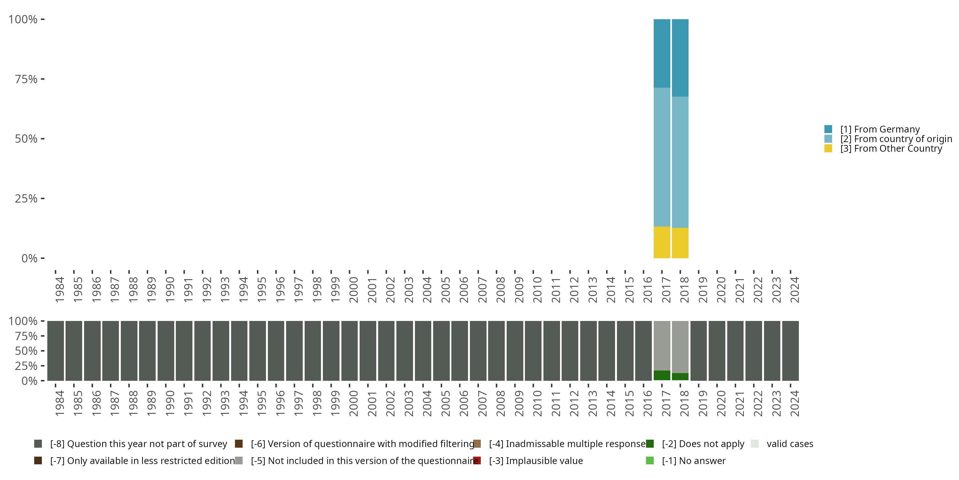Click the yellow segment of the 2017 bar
tap(662, 242)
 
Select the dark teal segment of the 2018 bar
tap(680, 58)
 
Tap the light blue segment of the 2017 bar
tap(662, 157)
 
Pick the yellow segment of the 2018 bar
tap(680, 243)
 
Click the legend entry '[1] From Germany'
tap(880, 129)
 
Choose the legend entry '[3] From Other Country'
tap(891, 149)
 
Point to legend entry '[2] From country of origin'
tap(895, 139)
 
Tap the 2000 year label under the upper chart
tap(353, 290)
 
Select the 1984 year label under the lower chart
tap(59, 404)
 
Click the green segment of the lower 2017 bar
tap(662, 375)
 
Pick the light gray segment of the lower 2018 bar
tap(680, 347)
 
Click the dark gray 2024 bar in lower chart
tap(790, 351)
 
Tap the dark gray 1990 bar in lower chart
tap(166, 351)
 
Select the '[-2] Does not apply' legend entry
tap(703, 444)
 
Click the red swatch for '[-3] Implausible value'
tap(477, 460)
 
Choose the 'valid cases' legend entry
tap(790, 444)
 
